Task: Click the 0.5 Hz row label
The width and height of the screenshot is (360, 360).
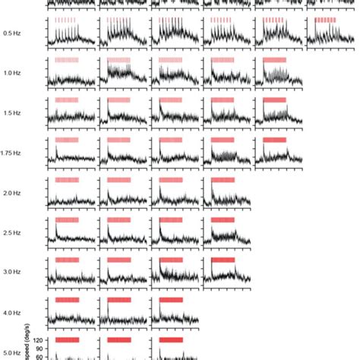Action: click(12, 33)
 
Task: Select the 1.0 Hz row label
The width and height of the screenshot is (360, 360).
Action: click(12, 73)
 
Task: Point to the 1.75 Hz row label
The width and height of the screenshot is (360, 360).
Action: click(11, 153)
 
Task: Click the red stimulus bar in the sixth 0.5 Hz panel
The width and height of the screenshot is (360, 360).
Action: click(325, 20)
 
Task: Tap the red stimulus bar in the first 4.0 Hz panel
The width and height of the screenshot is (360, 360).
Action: click(67, 299)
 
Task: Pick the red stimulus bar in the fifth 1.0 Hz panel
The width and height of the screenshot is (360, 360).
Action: click(273, 59)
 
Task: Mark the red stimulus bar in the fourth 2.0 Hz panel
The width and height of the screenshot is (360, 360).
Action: click(223, 180)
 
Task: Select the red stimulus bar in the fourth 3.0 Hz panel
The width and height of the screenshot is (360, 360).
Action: click(223, 259)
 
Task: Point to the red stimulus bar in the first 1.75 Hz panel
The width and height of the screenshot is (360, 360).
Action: click(67, 140)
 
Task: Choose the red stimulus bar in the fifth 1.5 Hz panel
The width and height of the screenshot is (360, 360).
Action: click(273, 99)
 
